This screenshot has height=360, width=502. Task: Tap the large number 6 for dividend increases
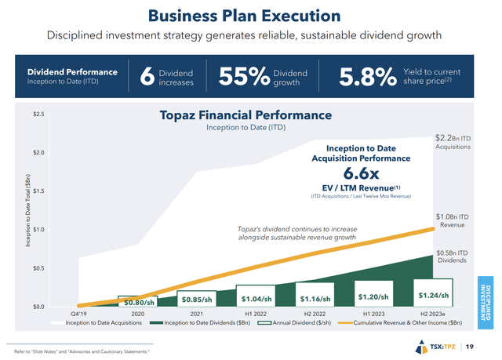[145, 77]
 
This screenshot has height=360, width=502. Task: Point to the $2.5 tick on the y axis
[38, 115]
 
